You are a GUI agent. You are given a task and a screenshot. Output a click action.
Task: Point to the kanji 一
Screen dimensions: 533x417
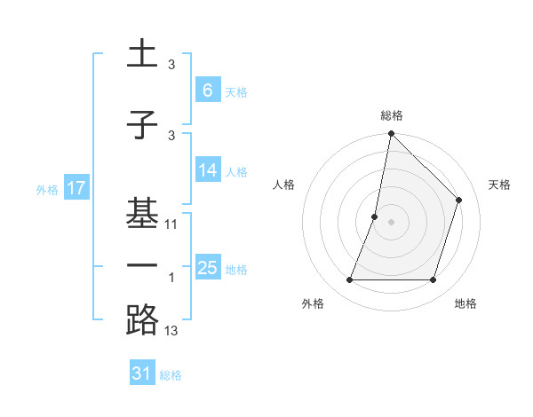[142, 264]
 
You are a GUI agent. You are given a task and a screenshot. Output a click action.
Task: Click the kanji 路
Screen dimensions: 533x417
[142, 319]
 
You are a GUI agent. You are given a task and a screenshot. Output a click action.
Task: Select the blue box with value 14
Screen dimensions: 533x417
[207, 170]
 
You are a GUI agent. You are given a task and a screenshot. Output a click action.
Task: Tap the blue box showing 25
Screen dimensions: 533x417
[207, 268]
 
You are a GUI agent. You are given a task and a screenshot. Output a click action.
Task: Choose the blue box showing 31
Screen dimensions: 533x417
[142, 374]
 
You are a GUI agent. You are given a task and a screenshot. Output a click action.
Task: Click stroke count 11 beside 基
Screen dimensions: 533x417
[171, 224]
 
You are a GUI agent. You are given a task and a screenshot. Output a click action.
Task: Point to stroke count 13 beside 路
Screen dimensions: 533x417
[171, 331]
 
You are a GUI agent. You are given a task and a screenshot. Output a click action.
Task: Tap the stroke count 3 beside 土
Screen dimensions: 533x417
[171, 65]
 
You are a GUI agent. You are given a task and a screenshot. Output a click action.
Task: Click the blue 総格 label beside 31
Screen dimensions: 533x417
[171, 375]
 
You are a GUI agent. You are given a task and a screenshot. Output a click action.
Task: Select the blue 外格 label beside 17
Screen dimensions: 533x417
[47, 189]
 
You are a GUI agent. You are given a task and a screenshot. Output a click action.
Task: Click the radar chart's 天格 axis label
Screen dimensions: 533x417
[499, 185]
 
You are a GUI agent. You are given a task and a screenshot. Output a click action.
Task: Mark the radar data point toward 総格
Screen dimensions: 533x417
[391, 133]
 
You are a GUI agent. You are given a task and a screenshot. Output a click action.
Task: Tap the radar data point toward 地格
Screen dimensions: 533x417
[433, 280]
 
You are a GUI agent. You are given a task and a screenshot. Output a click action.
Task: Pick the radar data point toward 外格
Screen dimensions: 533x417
[349, 280]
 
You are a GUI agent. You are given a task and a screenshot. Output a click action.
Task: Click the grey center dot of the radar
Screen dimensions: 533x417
[391, 222]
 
